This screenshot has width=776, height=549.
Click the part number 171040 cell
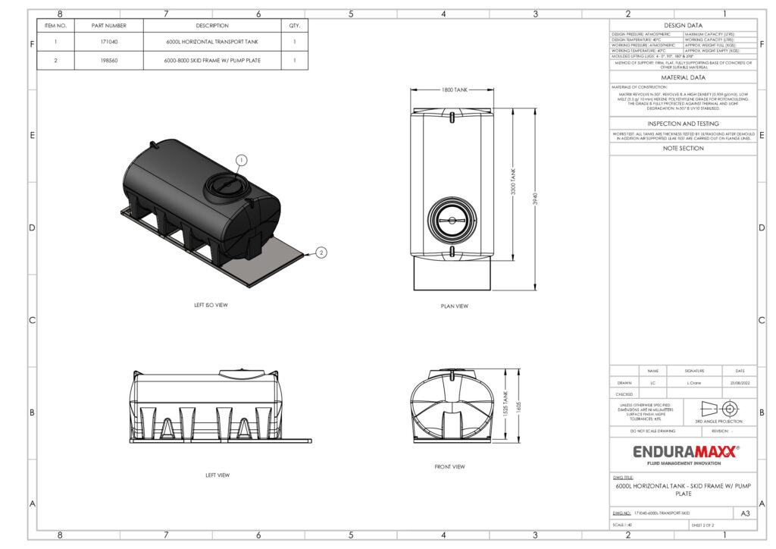click(109, 42)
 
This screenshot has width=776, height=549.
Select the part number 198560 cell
click(109, 61)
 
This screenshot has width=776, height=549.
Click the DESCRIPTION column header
click(212, 25)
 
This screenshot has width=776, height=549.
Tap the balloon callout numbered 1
click(241, 160)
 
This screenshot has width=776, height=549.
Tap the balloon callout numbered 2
click(321, 253)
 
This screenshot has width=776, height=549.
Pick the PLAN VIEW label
click(454, 306)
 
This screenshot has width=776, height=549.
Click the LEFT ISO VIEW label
click(211, 305)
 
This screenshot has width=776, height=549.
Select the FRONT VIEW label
click(449, 466)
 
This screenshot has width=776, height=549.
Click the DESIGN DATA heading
click(684, 25)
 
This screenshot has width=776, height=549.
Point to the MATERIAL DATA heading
click(684, 77)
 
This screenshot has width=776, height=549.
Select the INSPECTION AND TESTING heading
click(684, 124)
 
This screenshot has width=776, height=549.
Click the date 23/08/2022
click(740, 383)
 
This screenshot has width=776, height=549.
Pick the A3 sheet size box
click(745, 513)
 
